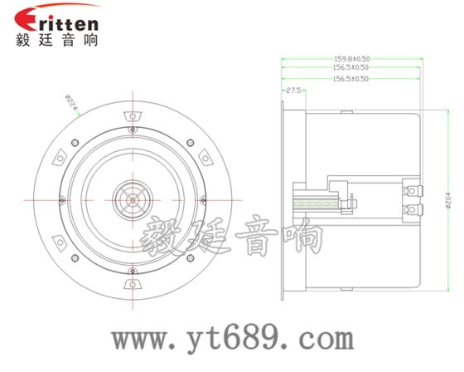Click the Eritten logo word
coord(56,22)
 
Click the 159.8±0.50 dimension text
coord(351,59)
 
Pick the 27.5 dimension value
coord(292,89)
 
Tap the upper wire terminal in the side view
coord(408,192)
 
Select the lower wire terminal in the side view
coord(408,212)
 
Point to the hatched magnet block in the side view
coord(314,201)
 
